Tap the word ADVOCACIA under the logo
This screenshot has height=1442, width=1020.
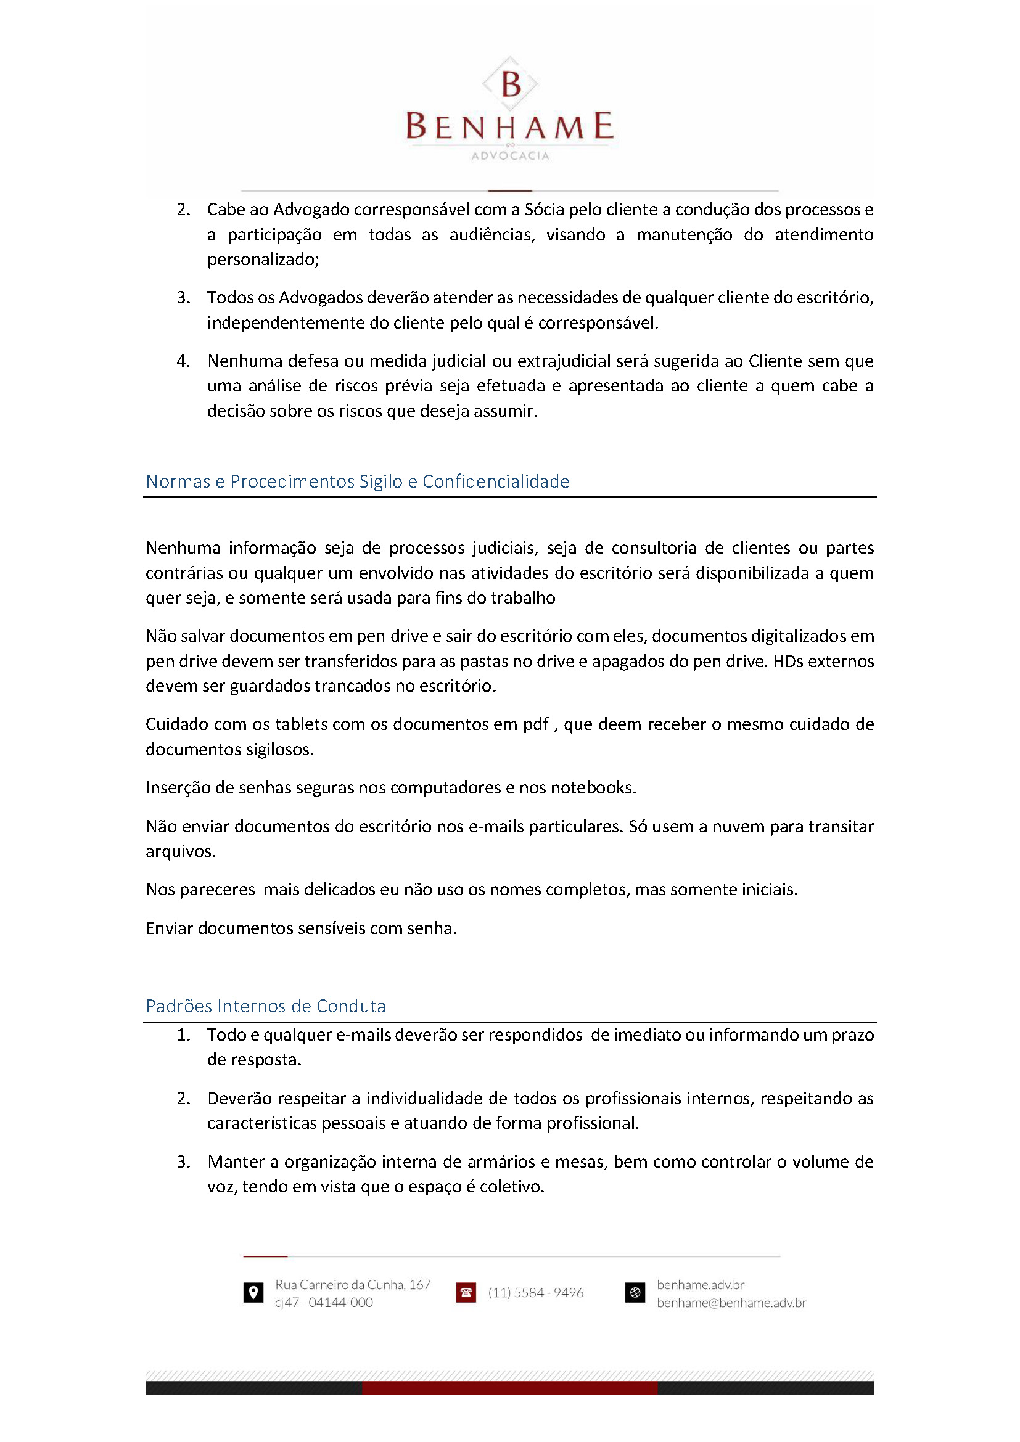(510, 156)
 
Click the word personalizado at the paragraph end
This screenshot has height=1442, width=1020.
(263, 260)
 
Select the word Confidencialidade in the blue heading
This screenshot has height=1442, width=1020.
(496, 481)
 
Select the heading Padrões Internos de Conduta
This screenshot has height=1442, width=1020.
(266, 1006)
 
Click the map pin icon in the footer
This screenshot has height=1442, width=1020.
(253, 1293)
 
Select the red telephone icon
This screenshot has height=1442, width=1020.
(466, 1293)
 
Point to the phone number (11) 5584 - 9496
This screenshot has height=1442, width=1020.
(536, 1293)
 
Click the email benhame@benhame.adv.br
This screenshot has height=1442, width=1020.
(731, 1303)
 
